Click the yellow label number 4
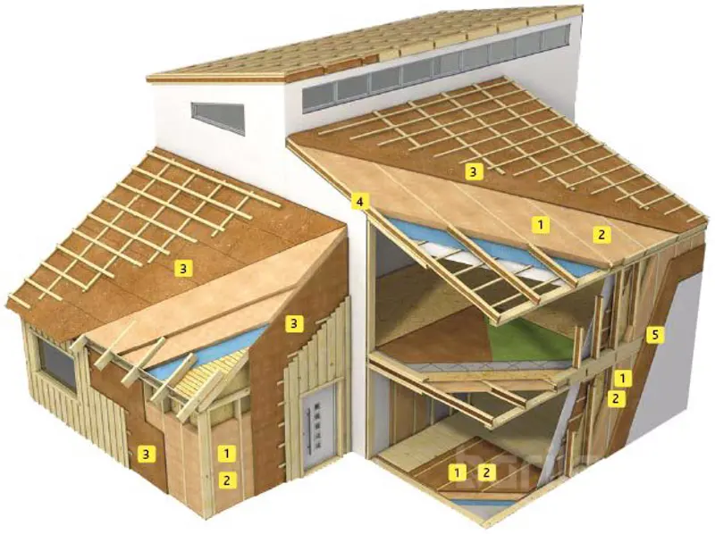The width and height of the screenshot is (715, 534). tap(360, 202)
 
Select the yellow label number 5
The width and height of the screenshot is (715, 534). tap(655, 336)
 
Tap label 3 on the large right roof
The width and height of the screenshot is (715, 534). tap(473, 171)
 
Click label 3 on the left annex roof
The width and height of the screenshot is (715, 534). tap(182, 269)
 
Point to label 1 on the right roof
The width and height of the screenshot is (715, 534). tap(541, 224)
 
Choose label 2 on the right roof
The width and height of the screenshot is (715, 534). tap(601, 235)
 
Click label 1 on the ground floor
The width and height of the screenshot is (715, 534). tap(458, 472)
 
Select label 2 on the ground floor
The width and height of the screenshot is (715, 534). tap(486, 472)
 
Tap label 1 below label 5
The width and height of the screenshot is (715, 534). tap(622, 378)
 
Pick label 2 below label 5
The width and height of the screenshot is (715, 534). tap(616, 398)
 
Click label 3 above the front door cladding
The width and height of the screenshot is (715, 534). tap(294, 323)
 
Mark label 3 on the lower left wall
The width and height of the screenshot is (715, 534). tap(146, 454)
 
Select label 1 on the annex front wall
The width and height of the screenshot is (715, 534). tap(227, 454)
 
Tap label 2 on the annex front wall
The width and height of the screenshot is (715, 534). tap(227, 480)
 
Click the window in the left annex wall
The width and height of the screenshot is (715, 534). tap(56, 364)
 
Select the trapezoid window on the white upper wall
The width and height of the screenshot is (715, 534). tap(217, 118)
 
